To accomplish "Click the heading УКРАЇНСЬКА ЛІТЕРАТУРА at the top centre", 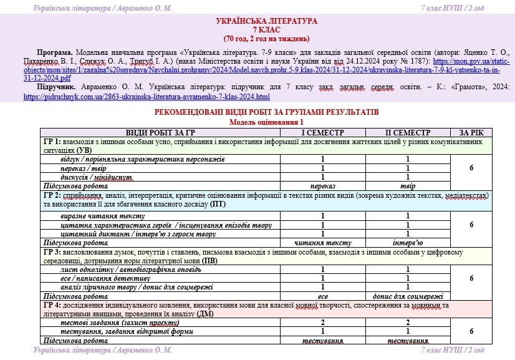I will coord(257,21).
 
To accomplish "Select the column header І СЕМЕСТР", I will coord(322,133).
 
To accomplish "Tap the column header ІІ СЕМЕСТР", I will coord(408,133).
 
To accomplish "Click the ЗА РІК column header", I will coord(471,133).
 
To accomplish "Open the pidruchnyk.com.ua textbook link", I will coord(147,97).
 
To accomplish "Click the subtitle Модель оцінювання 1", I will coord(257,122).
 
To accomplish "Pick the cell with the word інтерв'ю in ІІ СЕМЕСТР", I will coord(408,242).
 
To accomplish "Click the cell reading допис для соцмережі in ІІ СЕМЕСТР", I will coord(408,296).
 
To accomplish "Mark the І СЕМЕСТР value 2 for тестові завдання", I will coord(322,323).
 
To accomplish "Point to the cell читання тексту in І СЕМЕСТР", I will coord(322,242).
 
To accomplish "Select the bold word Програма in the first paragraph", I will coord(55,53).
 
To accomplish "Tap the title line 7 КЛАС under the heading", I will coord(257,29).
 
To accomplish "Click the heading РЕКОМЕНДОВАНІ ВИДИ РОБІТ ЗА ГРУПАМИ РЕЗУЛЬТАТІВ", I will coord(257,112).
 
